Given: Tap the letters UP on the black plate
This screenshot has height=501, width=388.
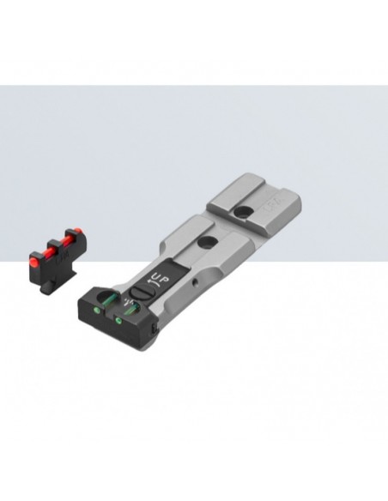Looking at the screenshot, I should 160,279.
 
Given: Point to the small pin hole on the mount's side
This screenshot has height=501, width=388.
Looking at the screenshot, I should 199,281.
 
